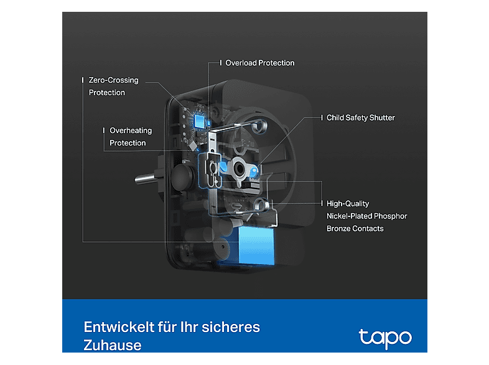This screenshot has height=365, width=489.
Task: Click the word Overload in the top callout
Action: coord(241,63)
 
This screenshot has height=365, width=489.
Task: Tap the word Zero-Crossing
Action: coord(114,80)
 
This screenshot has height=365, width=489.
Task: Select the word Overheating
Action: coord(131,131)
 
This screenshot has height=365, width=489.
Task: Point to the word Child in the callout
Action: coord(337,118)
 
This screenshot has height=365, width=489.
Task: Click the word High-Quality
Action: coord(348,203)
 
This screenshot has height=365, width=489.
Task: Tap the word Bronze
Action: coord(339,228)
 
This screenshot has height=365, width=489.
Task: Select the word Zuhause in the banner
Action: coord(113,345)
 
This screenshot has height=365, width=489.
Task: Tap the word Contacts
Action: coord(369,228)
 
